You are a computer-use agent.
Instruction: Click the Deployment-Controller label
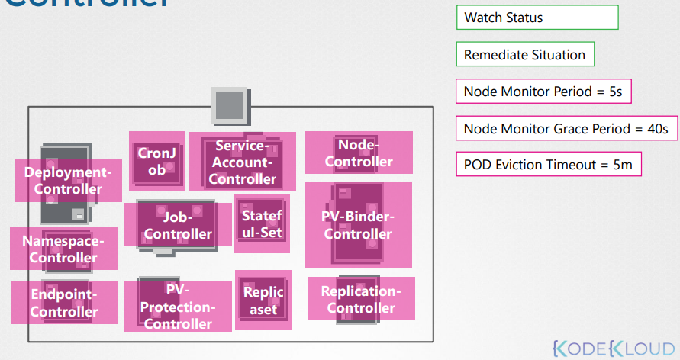point(68,181)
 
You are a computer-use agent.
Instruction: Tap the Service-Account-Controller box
point(242,162)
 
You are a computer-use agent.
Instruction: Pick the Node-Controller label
point(359,153)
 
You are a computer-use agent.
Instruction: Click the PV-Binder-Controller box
point(358,224)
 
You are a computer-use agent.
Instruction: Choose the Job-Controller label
point(178,226)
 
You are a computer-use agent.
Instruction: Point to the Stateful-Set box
point(262,224)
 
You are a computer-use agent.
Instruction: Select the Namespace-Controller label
point(64,249)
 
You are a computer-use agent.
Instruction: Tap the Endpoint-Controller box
point(64,303)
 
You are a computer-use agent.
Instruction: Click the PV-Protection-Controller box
point(178,307)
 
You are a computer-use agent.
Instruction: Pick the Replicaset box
point(263,301)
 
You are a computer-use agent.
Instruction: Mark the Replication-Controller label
point(361,299)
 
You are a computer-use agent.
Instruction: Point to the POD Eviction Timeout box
point(548,165)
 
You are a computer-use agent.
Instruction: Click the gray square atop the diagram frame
point(230,104)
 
